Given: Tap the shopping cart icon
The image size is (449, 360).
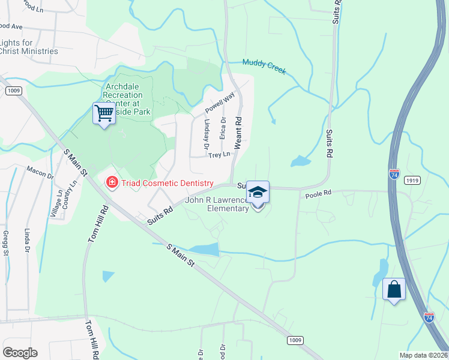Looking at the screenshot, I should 104,112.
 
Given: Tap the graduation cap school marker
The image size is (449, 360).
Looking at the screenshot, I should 258,193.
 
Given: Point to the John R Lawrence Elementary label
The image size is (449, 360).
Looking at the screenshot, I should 218,204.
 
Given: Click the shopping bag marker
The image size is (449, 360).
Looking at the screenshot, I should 394,289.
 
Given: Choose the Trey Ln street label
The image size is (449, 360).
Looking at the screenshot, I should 219,155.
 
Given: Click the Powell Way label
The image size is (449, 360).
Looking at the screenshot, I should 220,103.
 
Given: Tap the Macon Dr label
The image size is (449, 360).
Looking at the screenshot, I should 40,173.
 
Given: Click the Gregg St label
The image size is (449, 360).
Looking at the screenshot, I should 6,243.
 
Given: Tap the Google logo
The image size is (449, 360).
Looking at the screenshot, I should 20,352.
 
